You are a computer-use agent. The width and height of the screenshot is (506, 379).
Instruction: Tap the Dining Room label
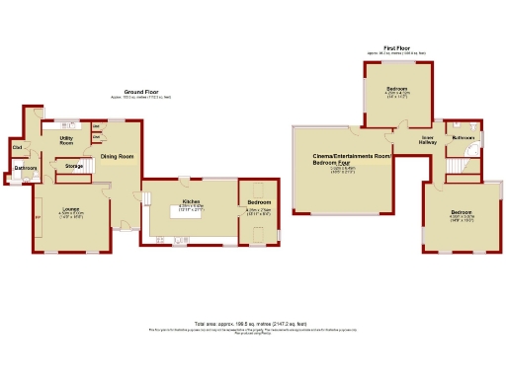click(x=117, y=156)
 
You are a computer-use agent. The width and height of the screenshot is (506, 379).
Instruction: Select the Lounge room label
click(x=71, y=209)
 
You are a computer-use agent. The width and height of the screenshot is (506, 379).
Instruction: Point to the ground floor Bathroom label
click(x=25, y=168)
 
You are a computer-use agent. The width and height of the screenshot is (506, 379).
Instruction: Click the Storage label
click(x=74, y=166)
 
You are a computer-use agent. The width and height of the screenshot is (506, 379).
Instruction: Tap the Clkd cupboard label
click(x=17, y=147)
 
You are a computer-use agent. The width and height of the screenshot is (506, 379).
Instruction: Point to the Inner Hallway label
click(x=428, y=140)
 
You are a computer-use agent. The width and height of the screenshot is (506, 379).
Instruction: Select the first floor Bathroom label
click(x=463, y=138)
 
